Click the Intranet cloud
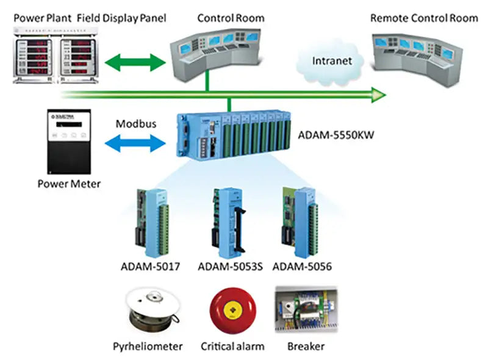point(332,62)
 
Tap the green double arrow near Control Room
point(135,61)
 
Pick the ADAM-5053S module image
point(229,222)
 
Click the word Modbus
point(136,124)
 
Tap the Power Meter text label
point(69,184)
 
